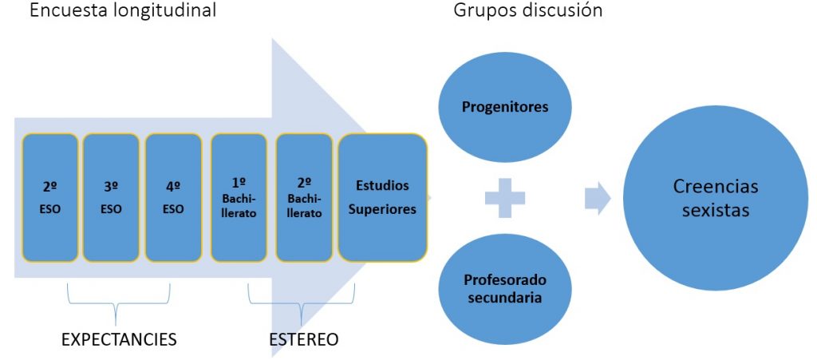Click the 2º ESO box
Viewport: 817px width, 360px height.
50,197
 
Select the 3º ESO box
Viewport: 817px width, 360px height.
111,197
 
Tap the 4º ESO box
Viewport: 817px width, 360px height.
173,197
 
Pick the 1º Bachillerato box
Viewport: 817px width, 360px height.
239,197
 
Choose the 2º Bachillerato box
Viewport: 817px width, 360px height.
304,197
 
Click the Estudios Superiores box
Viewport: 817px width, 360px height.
382,197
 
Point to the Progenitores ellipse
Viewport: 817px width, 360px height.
505,107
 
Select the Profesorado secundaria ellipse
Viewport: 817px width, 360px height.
505,288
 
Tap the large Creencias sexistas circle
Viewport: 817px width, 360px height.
716,198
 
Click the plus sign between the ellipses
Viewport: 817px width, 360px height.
505,198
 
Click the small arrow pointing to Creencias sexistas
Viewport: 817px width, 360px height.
598,198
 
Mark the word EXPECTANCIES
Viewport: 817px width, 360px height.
120,339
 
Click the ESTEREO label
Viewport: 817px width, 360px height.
304,339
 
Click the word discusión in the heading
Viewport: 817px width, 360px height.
560,10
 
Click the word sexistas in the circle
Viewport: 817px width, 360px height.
716,210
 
